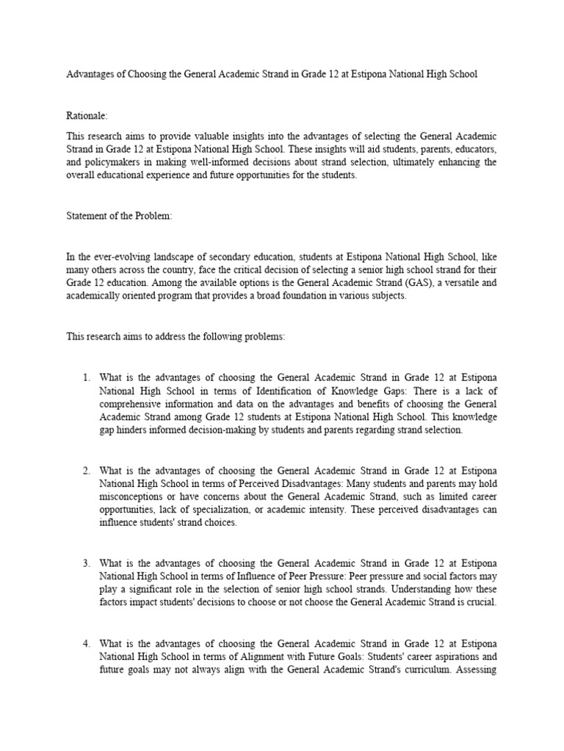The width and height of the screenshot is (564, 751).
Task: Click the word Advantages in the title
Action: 90,75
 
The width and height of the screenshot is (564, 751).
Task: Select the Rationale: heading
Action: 88,116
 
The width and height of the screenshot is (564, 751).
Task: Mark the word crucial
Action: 481,602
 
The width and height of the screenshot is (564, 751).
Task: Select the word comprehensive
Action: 131,404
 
